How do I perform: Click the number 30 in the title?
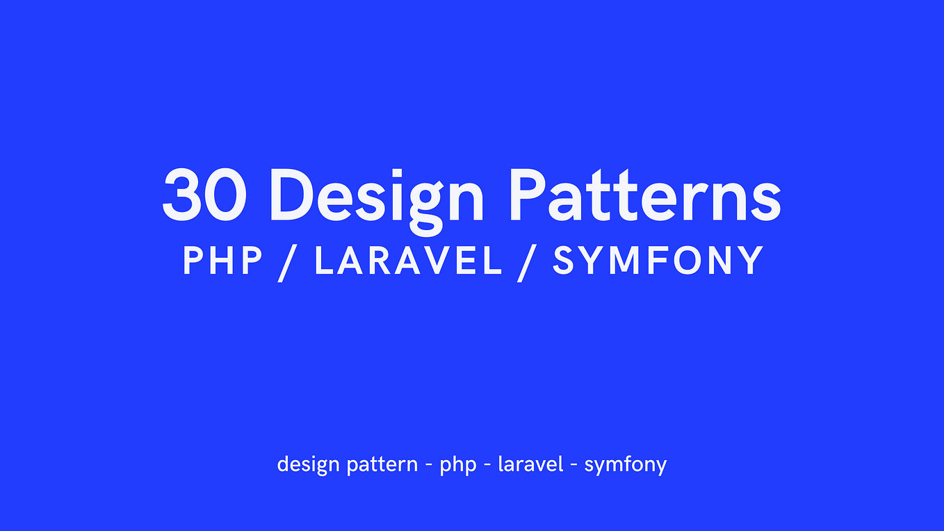pos(206,194)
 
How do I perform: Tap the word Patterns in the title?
pos(646,194)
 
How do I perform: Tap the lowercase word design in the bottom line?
pos(308,464)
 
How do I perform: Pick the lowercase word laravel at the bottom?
pos(530,464)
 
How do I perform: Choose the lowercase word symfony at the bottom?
pos(625,465)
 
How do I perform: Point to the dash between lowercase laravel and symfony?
pos(573,465)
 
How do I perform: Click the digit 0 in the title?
pos(227,194)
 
